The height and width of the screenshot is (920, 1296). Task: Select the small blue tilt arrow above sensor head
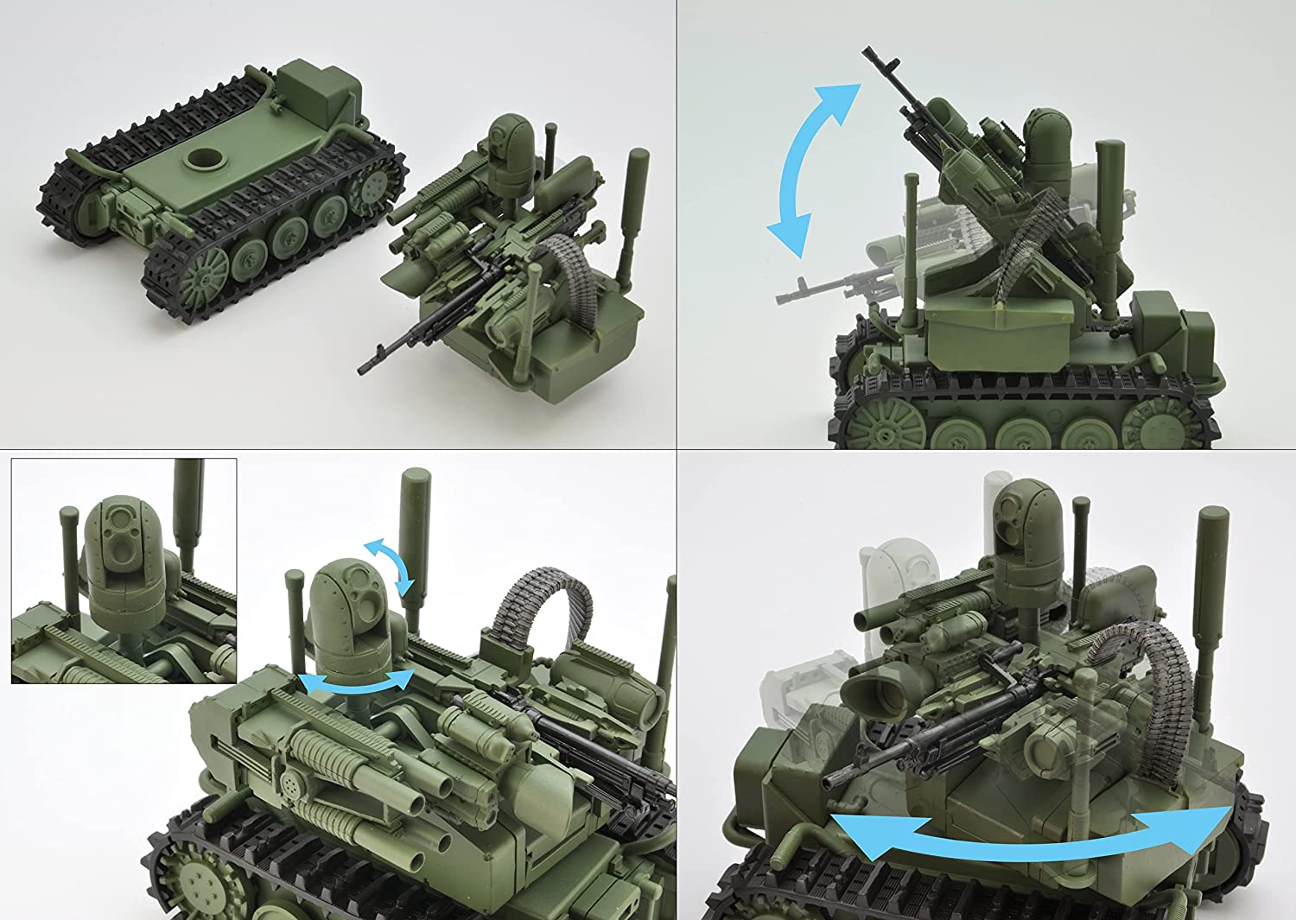coord(389,566)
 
